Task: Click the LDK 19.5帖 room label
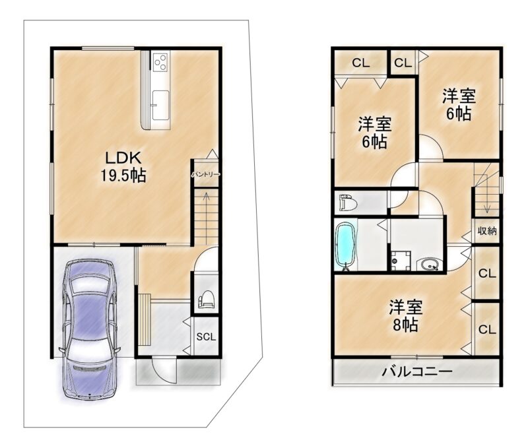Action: (x=123, y=166)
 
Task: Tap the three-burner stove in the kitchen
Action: (x=160, y=62)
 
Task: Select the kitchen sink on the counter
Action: (x=160, y=105)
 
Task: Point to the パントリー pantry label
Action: (x=206, y=174)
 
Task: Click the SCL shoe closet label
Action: (x=206, y=336)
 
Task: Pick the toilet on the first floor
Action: (x=207, y=299)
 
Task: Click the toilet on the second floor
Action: (x=348, y=203)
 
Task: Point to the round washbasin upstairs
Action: (x=428, y=265)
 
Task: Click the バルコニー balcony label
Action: (x=416, y=371)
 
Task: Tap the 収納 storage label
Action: (x=487, y=231)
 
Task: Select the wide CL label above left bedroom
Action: (x=360, y=63)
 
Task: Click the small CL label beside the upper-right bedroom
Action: (x=403, y=63)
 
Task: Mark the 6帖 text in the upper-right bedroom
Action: (x=459, y=113)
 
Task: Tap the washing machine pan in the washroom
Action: (x=401, y=261)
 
